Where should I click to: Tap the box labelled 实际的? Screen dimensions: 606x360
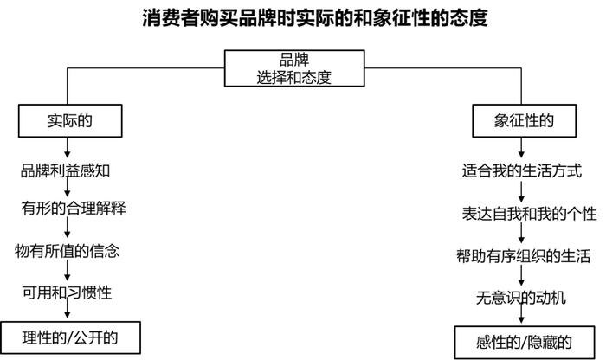point(68,121)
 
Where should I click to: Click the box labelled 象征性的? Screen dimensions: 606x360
point(523,121)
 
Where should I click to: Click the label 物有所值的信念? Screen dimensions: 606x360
point(67,251)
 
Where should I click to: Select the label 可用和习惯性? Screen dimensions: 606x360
point(67,292)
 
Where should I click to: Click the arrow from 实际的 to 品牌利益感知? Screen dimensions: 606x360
point(68,147)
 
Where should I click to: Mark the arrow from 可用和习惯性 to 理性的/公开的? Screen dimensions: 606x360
point(68,312)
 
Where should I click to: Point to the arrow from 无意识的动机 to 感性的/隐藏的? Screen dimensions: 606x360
point(522,318)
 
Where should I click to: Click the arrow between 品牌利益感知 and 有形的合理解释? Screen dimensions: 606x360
point(68,189)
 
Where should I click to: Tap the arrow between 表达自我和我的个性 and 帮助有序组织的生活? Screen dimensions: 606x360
point(523,235)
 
